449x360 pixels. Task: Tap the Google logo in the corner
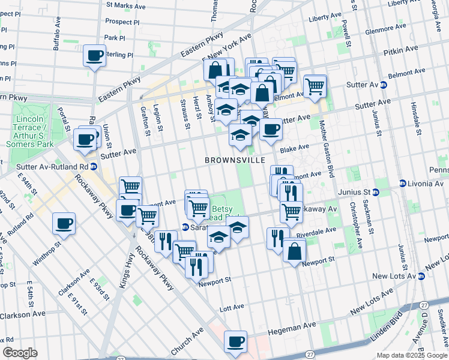click(20, 353)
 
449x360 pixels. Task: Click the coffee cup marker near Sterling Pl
click(94, 56)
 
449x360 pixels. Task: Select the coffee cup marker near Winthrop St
click(63, 224)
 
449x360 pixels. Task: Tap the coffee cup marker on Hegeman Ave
click(235, 341)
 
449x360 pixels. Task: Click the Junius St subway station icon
click(376, 192)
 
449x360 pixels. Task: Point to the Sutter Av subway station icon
click(383, 85)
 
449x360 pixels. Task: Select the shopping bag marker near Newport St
click(294, 251)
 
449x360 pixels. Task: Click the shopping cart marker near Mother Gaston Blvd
click(315, 86)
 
